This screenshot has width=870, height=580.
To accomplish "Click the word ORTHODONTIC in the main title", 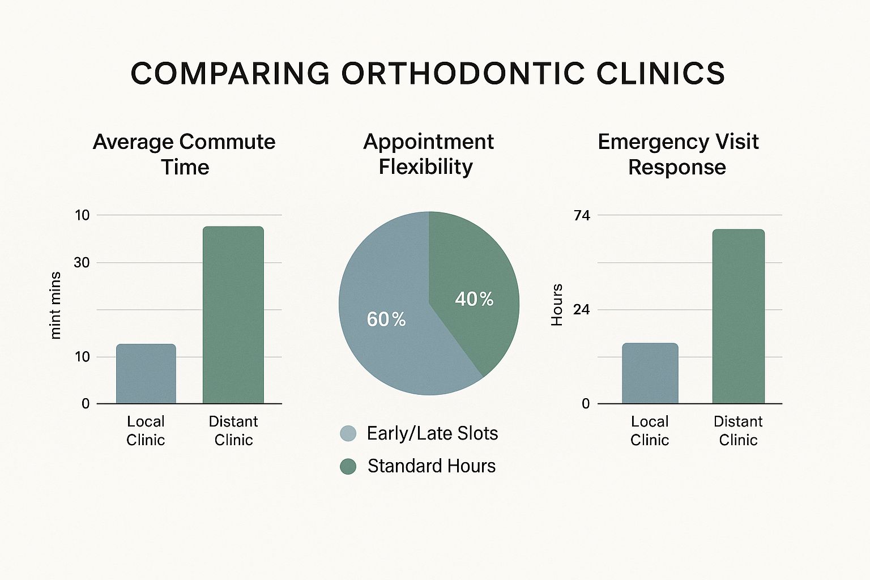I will pos(463,74).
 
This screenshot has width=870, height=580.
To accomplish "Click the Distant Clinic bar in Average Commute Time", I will pos(233,315).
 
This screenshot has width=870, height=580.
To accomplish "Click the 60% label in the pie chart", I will pos(386,319).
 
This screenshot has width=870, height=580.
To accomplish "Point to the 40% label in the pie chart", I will pos(474,299).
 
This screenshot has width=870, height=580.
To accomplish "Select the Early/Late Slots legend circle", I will pos(348,434).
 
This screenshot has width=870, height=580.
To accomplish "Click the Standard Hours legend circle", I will pos(348,467).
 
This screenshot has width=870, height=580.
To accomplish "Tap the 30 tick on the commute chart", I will pos(82,262).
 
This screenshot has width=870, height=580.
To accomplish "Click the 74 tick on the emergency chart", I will pos(582,215).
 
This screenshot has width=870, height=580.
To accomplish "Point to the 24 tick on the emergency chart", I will pos(582,310).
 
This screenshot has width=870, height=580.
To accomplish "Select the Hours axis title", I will pos(557,305).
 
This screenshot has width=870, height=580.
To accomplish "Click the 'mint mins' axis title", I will pos(55,305).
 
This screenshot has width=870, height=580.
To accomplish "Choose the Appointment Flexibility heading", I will pos(428,154).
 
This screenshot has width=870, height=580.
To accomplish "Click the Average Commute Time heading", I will pos(184,154).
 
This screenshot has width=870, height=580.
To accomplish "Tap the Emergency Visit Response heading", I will pos(677,154).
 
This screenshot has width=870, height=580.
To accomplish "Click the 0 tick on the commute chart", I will pos(86,404).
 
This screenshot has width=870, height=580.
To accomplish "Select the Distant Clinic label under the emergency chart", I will pos(737,430).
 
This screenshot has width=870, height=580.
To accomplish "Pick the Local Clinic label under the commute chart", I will pos(146,430).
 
